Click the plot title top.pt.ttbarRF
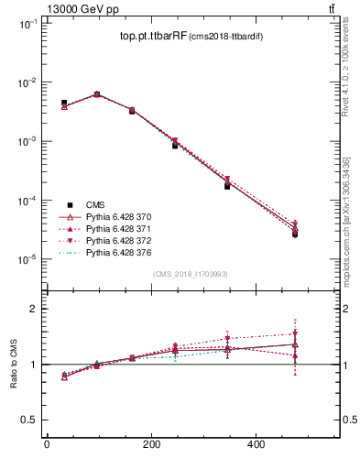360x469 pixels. point(153,37)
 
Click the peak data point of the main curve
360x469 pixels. point(97,93)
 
